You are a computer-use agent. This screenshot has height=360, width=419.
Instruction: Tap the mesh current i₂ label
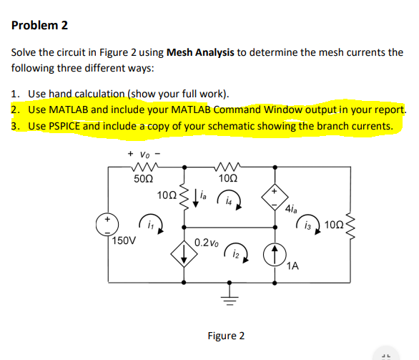point(238,253)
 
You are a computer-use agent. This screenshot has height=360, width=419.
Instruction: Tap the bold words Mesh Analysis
point(202,52)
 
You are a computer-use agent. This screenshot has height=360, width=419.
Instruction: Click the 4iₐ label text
point(290,210)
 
